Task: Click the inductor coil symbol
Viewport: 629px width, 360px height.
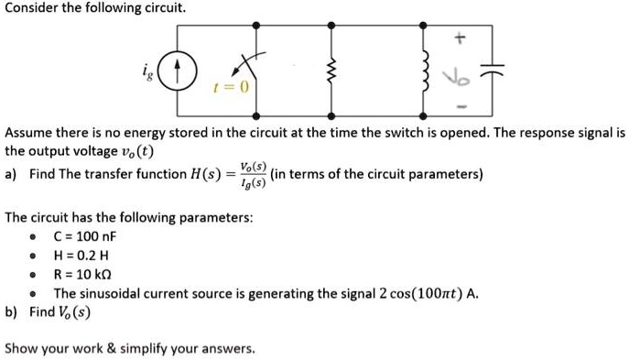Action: coord(423,70)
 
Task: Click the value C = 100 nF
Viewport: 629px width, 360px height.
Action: coord(85,235)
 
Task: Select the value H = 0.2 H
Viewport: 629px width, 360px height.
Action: coord(82,255)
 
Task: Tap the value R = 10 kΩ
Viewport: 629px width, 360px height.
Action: coord(84,274)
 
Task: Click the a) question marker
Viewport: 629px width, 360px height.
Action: coord(11,174)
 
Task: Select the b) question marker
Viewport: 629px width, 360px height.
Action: coord(11,311)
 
